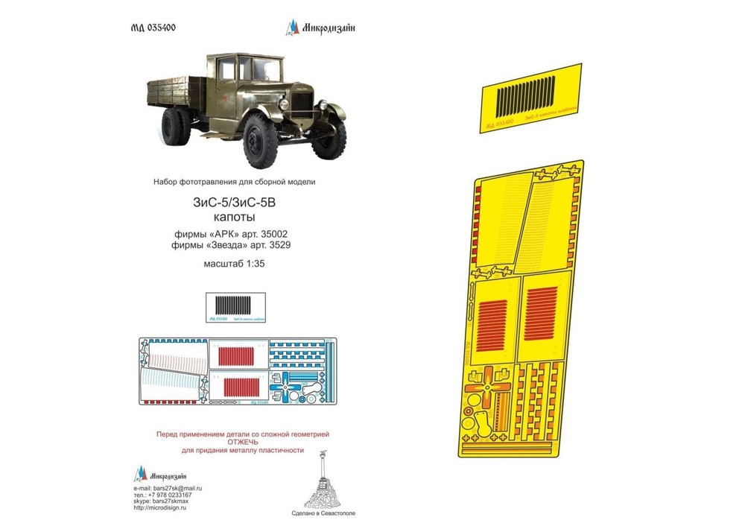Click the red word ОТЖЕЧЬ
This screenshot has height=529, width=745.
coord(243,441)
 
